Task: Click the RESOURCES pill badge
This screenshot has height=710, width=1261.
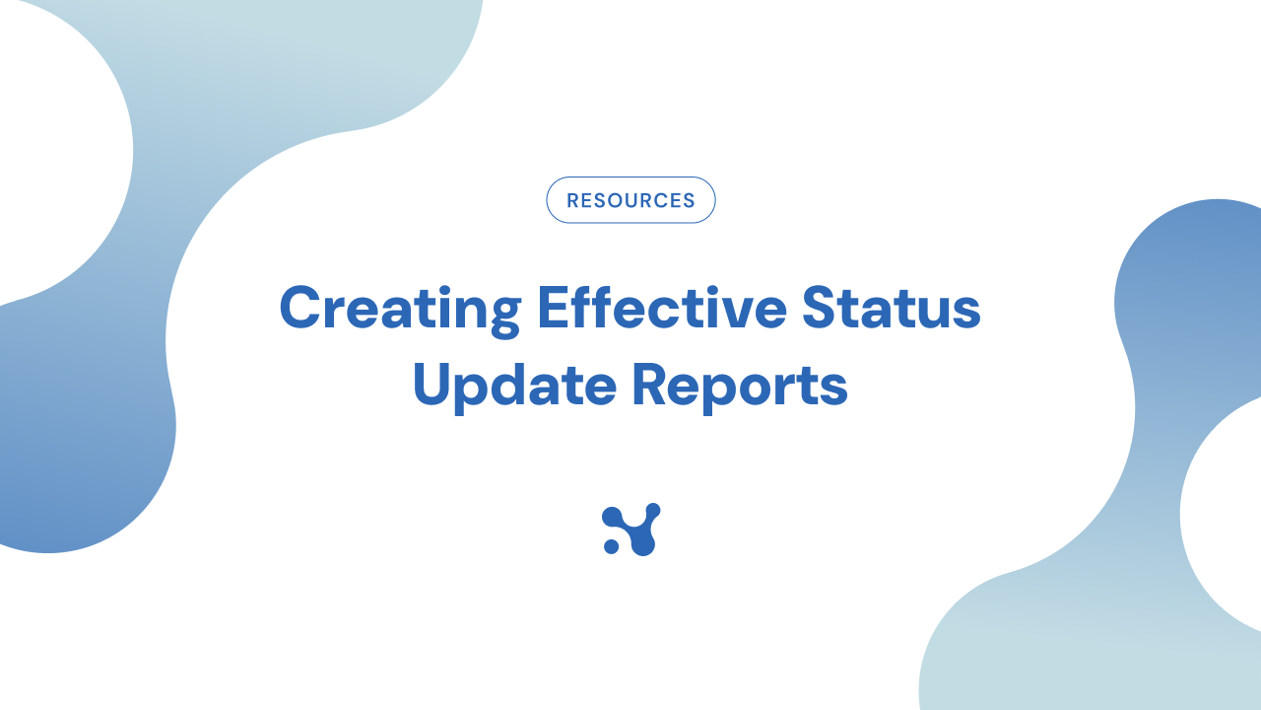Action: (630, 200)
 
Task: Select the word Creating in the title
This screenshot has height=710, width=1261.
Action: (400, 309)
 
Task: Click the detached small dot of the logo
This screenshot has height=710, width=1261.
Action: (611, 546)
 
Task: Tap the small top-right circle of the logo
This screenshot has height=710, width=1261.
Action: (653, 510)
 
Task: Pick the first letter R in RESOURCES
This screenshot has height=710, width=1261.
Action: (573, 201)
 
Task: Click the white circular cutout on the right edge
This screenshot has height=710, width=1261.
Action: (1231, 513)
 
